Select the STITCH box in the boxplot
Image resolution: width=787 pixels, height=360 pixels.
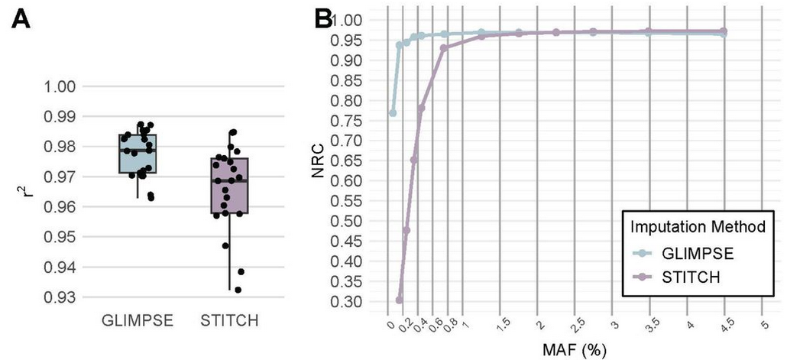pyautogui.click(x=230, y=186)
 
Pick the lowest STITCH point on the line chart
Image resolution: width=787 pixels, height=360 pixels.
pyautogui.click(x=399, y=300)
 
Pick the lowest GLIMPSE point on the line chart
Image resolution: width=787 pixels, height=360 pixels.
pyautogui.click(x=393, y=112)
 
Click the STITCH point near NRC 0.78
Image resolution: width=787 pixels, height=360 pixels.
pyautogui.click(x=421, y=109)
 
